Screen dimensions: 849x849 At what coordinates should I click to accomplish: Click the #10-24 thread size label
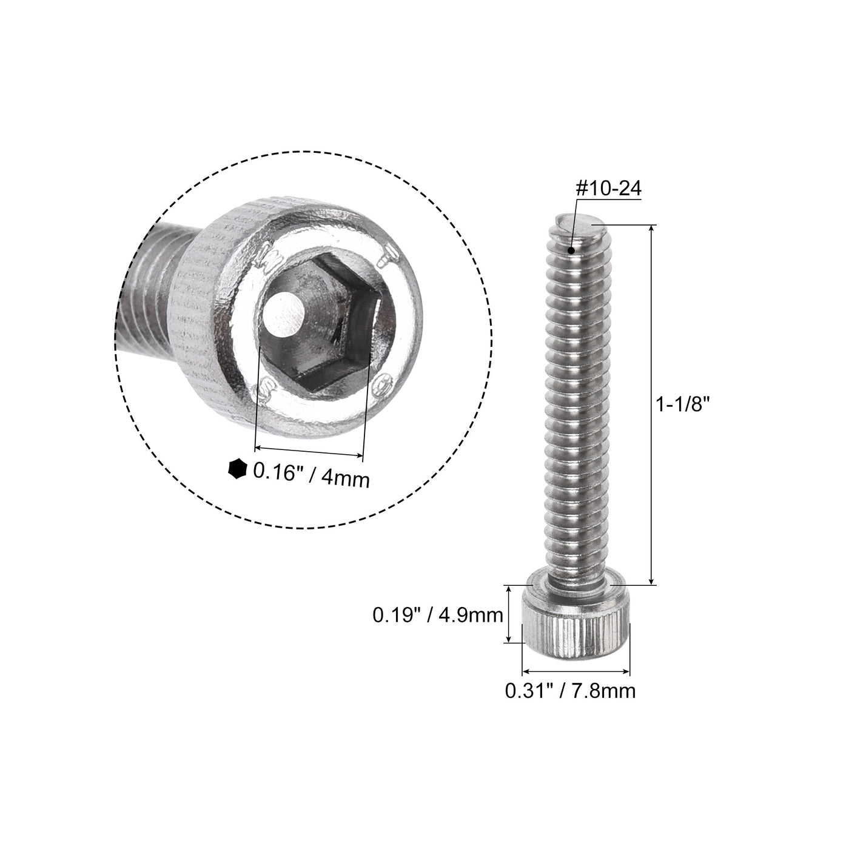[608, 189]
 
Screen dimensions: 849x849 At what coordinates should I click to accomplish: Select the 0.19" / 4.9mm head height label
[437, 616]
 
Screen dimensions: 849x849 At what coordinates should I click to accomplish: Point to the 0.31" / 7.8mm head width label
[570, 690]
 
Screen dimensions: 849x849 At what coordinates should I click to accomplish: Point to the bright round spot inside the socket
[284, 314]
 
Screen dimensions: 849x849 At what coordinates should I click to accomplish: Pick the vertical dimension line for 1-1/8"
[653, 404]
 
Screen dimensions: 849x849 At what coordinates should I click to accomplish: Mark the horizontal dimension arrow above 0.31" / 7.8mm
[576, 671]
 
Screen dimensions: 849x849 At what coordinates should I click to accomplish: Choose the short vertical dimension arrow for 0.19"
[509, 614]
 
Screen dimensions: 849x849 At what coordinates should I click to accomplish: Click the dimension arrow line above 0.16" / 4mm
[309, 452]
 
